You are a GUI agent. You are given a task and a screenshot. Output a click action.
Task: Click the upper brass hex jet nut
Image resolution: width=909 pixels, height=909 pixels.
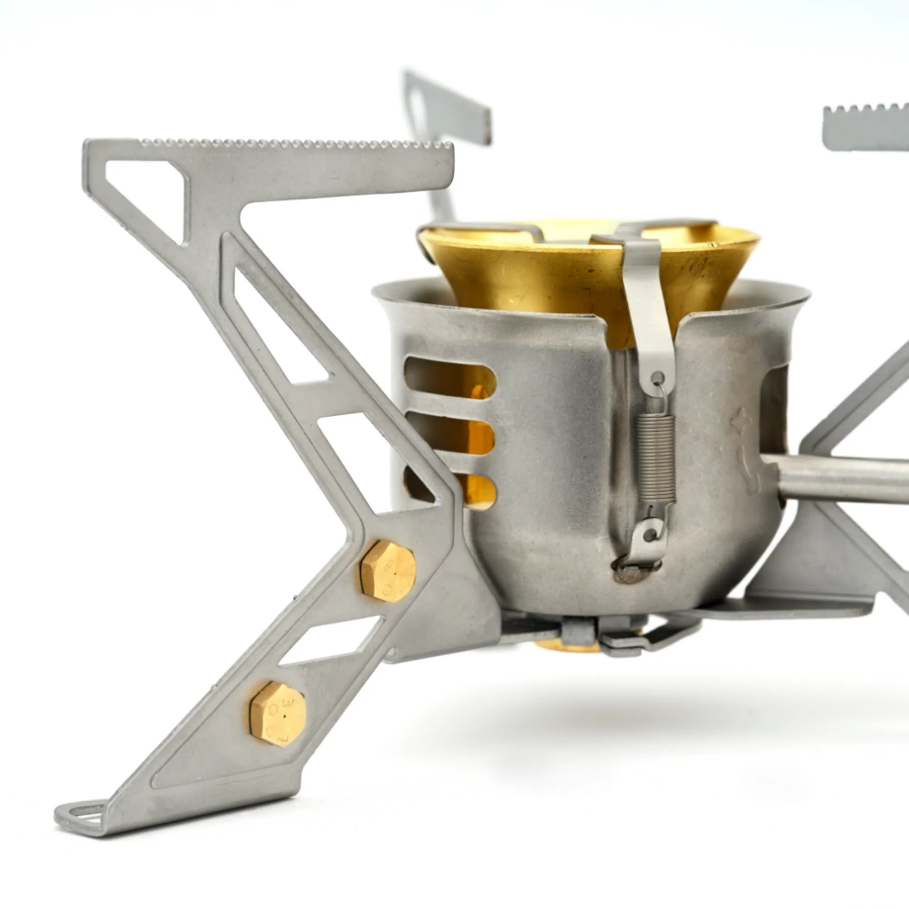coord(388,571)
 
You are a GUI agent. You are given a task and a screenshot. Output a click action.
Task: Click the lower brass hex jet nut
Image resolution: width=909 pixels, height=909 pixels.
coord(278,714)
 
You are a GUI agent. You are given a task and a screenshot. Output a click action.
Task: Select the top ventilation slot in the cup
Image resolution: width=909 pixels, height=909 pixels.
coord(450,377)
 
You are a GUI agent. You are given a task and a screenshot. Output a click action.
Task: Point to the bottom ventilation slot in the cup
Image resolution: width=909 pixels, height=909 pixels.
coord(475,492)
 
